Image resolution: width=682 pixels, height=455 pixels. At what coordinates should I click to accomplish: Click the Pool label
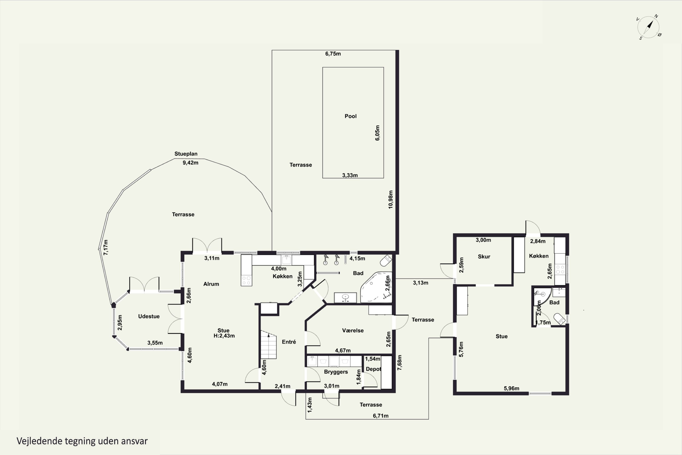pos(351,116)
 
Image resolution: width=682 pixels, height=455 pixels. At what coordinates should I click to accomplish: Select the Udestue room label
pos(149,316)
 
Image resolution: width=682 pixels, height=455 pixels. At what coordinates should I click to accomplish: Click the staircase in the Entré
pos(268,345)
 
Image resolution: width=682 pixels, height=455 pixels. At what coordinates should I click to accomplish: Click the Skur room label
pos(484,257)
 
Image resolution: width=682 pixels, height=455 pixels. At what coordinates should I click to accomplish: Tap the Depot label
pos(373,369)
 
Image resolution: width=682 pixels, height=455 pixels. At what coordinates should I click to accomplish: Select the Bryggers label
pos(336,372)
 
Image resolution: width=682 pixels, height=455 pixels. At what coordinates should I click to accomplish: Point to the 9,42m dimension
pos(191,163)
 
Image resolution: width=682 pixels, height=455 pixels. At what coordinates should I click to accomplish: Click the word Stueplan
pos(186,154)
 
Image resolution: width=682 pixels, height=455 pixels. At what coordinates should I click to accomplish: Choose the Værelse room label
pos(353,331)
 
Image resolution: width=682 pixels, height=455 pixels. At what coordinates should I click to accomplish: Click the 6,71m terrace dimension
pos(381,416)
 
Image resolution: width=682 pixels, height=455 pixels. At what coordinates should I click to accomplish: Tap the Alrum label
pos(211,284)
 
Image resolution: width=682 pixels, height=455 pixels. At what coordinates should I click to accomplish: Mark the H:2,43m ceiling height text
pos(224,336)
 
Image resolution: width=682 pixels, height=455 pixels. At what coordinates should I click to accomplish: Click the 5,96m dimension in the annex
pos(511,388)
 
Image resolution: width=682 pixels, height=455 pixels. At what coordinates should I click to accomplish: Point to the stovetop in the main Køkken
pos(246,280)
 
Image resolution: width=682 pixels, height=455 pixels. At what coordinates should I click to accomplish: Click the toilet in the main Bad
pos(386,260)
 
